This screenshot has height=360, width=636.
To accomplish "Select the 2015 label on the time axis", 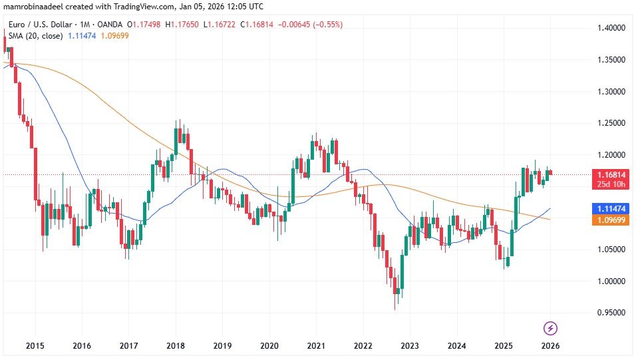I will click(x=35, y=346).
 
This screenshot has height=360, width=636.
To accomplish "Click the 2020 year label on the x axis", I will click(x=269, y=346).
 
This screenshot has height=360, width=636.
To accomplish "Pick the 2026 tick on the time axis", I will click(x=550, y=346).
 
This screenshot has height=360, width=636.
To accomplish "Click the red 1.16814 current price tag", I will click(x=610, y=174).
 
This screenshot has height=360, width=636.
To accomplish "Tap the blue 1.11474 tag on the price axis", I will click(x=610, y=209).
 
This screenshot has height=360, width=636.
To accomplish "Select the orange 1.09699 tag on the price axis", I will click(x=610, y=220).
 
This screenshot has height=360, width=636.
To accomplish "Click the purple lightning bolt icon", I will click(x=550, y=328).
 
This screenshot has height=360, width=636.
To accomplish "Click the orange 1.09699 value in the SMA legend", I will click(x=114, y=35).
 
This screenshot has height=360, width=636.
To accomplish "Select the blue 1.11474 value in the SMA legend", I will click(x=83, y=35).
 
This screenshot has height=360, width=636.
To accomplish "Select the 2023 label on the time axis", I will click(x=409, y=346).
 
